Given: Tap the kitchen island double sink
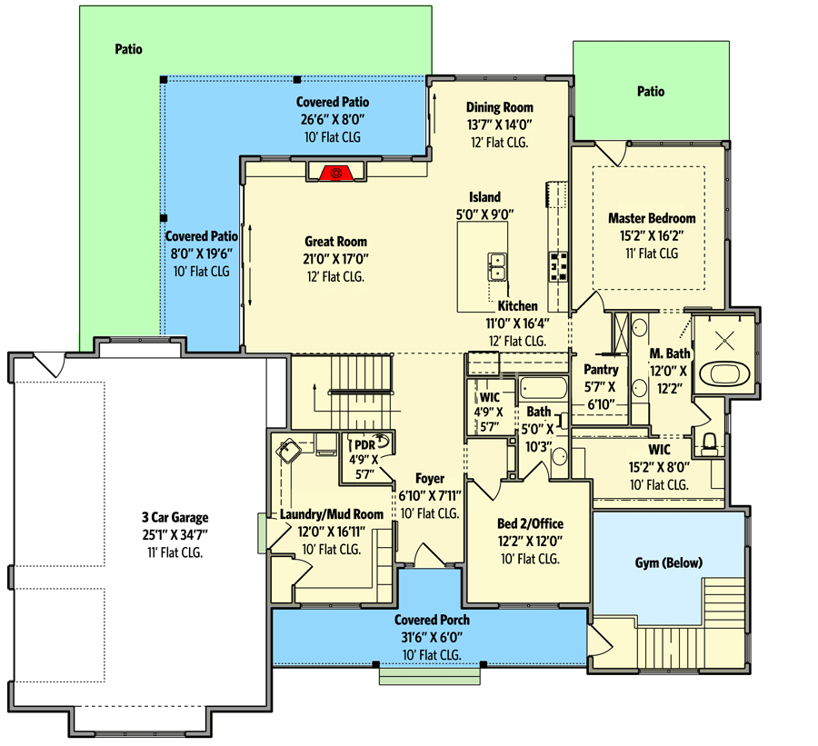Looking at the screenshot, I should [x=497, y=267].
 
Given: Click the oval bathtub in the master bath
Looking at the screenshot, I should [x=724, y=374].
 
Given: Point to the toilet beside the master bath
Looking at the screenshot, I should [x=710, y=443].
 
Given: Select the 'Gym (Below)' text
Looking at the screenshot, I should [x=668, y=562].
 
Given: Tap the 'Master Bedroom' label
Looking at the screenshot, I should [x=652, y=218].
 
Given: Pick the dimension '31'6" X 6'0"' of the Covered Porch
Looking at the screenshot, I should [x=432, y=638].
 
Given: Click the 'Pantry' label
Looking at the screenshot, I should [x=602, y=370].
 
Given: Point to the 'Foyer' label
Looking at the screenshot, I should [x=430, y=479].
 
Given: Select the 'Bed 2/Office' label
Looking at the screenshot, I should [x=530, y=524].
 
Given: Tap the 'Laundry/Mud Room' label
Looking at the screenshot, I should [x=332, y=515].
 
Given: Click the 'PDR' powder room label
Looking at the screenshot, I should [x=364, y=445].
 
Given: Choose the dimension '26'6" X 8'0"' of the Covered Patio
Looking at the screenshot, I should [x=333, y=119].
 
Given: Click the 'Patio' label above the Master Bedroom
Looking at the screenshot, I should [x=650, y=91].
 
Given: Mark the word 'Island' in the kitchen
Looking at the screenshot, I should [x=484, y=197].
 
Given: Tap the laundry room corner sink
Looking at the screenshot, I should [x=290, y=448].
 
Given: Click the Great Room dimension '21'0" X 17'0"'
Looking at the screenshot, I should [x=335, y=259].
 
